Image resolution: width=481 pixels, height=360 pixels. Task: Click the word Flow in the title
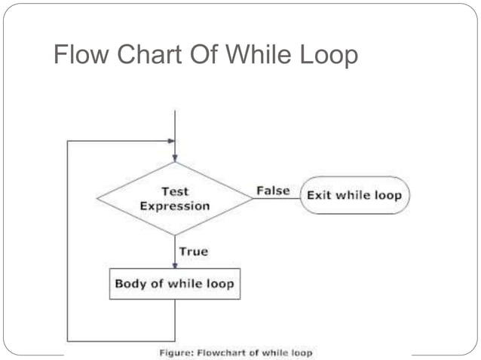click(x=78, y=55)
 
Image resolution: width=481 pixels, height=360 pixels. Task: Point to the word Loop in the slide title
click(x=328, y=55)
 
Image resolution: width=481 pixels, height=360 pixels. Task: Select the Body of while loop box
click(x=174, y=284)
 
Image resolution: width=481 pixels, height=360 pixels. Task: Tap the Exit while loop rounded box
click(x=354, y=196)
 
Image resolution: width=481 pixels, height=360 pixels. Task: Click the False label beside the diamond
click(x=273, y=191)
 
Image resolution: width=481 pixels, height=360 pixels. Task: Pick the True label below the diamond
click(x=193, y=251)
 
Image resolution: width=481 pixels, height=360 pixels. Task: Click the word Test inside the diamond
click(x=175, y=191)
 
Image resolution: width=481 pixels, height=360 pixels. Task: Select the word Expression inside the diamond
click(x=175, y=206)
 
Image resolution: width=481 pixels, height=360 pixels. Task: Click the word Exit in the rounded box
click(x=317, y=196)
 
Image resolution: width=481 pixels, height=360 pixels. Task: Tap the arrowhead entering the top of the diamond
click(x=175, y=157)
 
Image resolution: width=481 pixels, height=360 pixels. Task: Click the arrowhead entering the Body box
click(x=175, y=264)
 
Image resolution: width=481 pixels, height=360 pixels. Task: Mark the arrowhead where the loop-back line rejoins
click(x=170, y=141)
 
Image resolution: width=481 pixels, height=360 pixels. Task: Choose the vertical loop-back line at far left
click(x=67, y=241)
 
